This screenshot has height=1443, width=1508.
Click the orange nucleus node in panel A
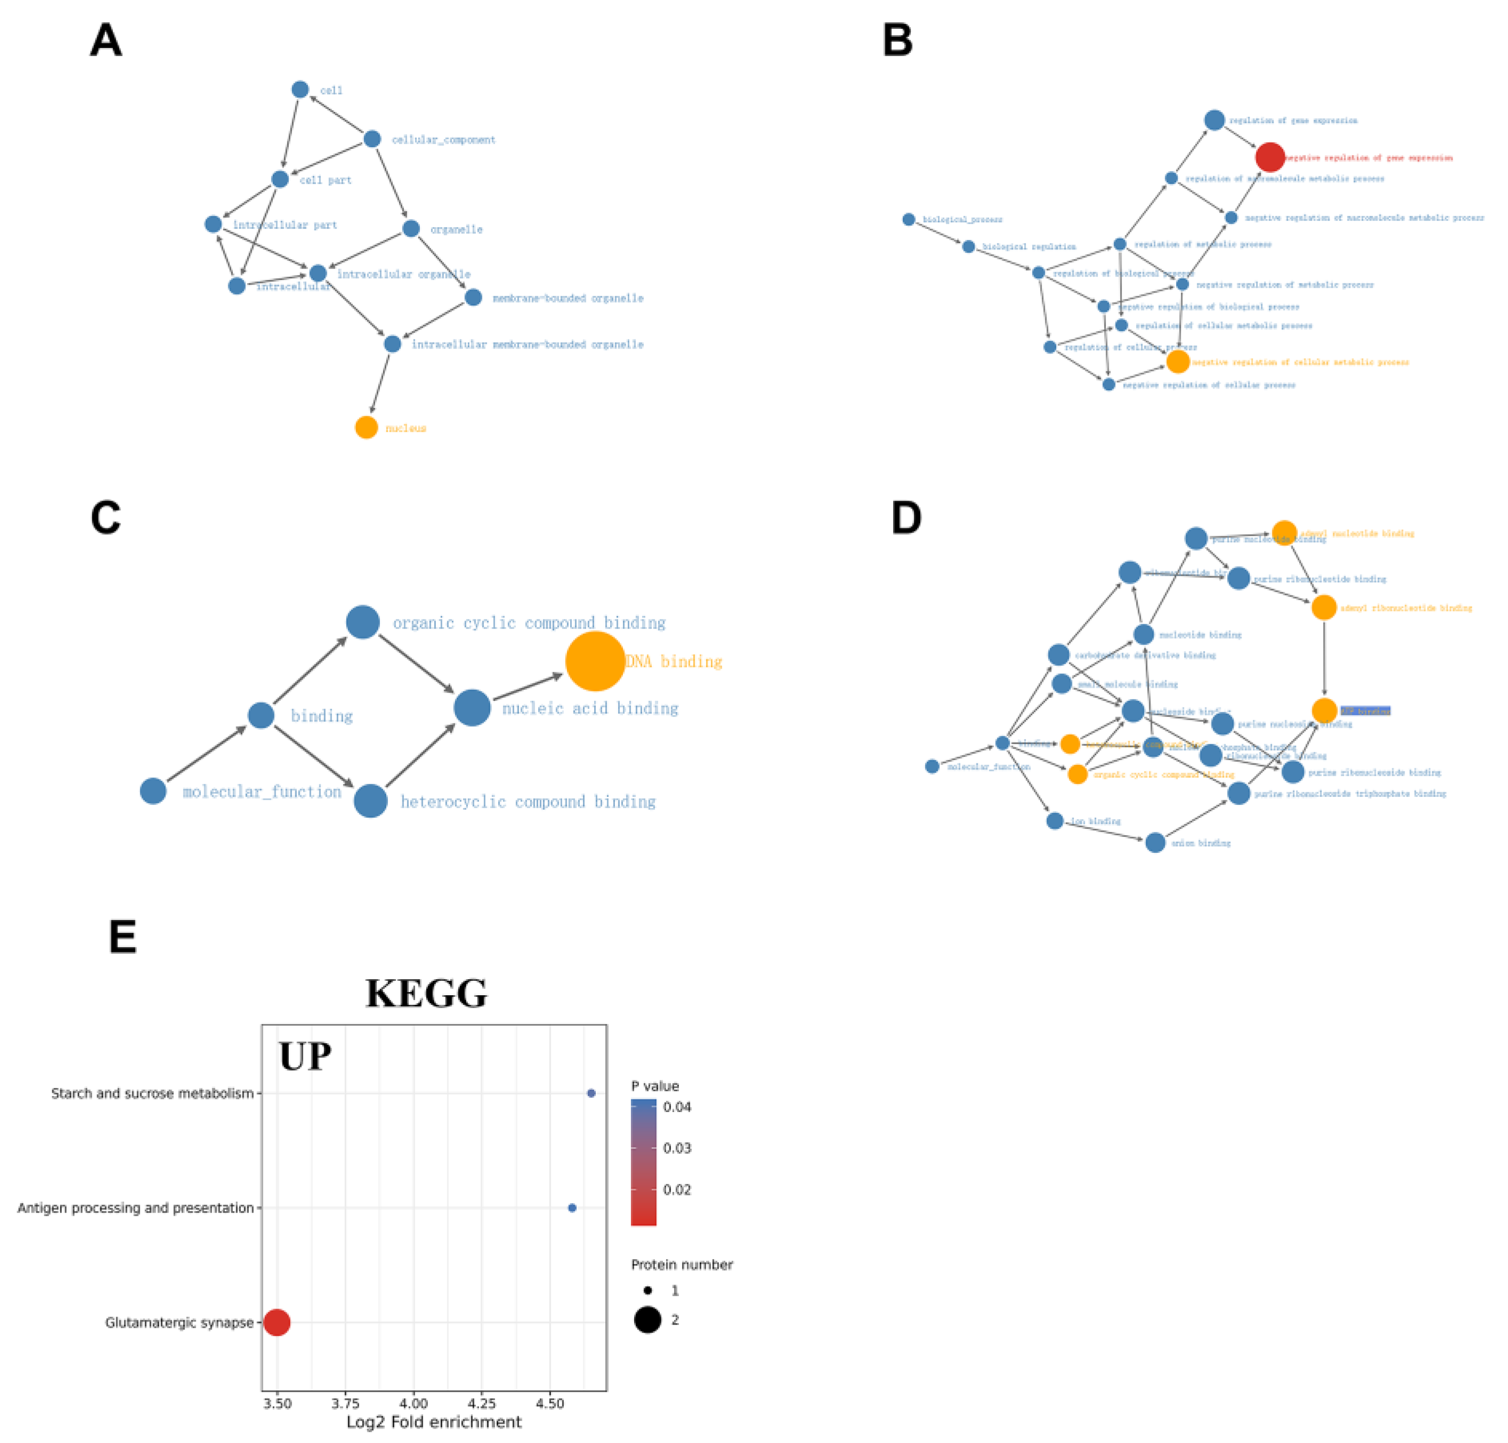[366, 427]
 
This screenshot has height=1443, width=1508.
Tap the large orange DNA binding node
[595, 661]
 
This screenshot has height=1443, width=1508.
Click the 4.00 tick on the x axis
[414, 1404]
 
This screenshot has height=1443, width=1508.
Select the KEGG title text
[426, 993]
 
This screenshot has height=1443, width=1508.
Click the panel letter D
[906, 518]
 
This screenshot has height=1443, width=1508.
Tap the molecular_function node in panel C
[153, 791]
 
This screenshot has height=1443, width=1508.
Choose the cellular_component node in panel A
[372, 139]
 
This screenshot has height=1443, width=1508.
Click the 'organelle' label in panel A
[456, 229]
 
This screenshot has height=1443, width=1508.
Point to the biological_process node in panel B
[908, 219]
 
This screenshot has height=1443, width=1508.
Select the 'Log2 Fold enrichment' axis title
[434, 1422]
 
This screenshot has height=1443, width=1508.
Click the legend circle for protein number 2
[647, 1320]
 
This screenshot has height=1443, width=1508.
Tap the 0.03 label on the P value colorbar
[677, 1148]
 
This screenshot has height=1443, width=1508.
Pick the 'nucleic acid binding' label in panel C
[590, 708]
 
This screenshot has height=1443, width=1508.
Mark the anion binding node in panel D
[1154, 843]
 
